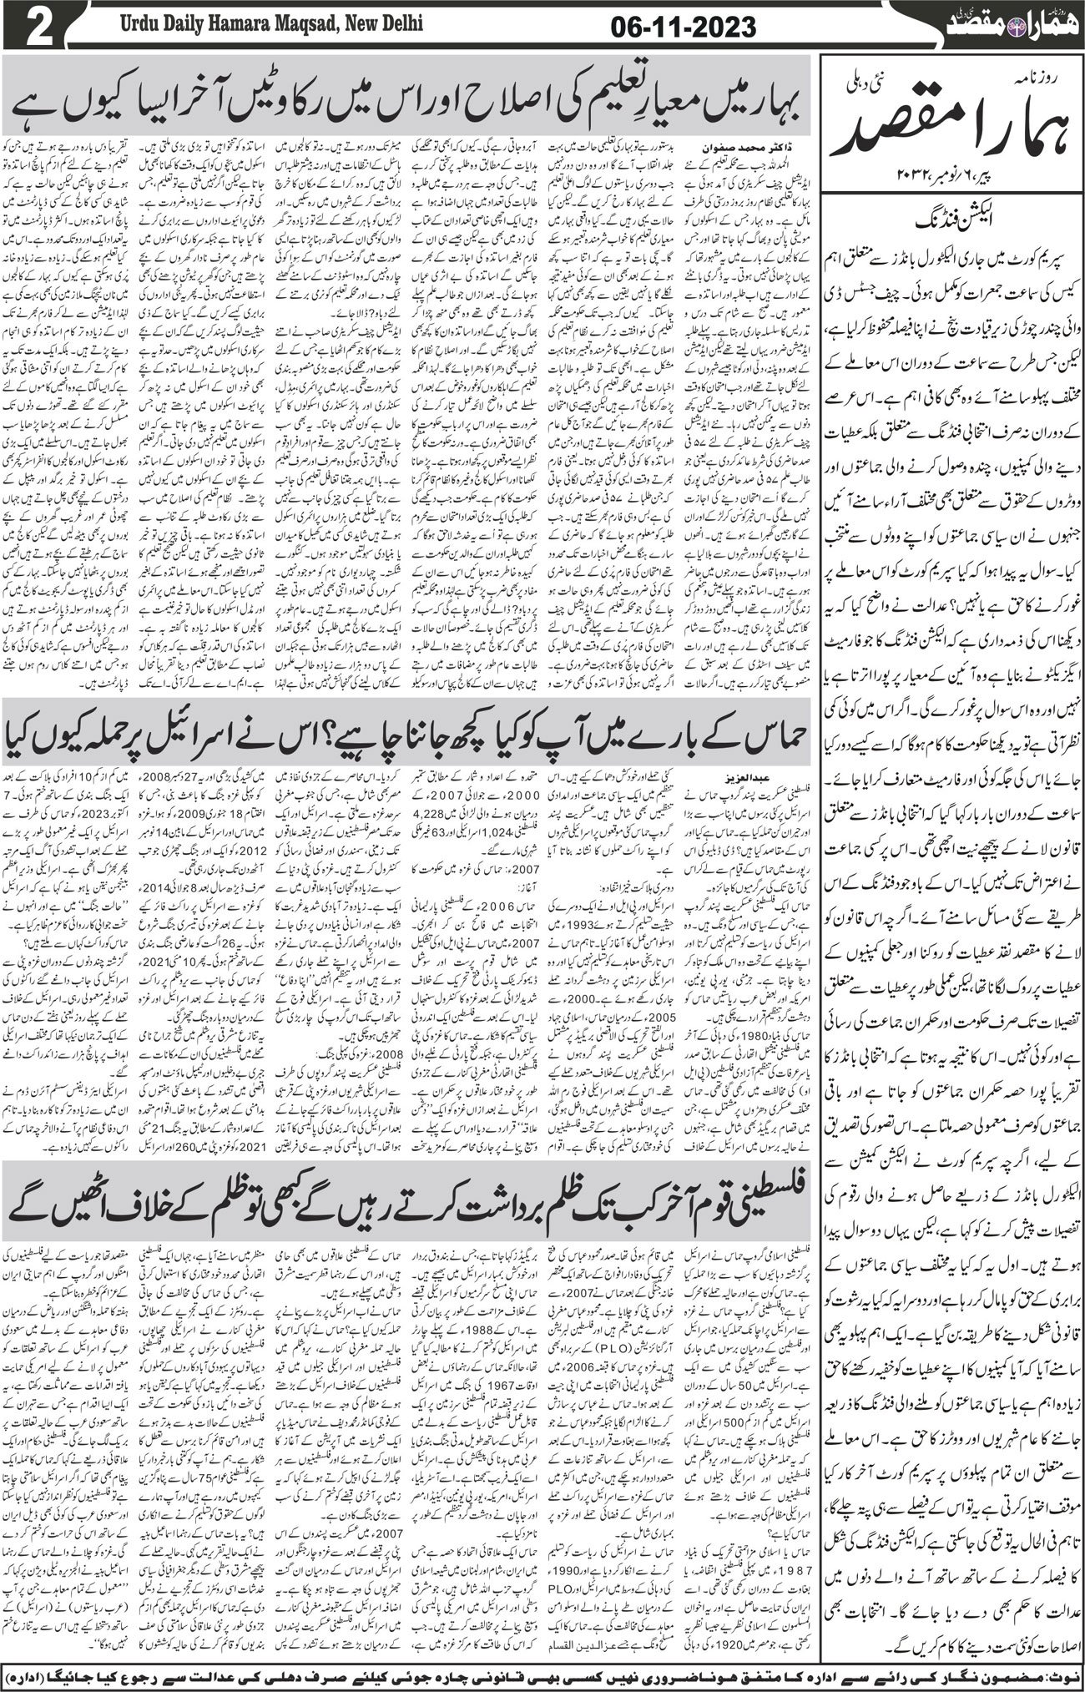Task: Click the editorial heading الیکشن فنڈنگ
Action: coord(951,212)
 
